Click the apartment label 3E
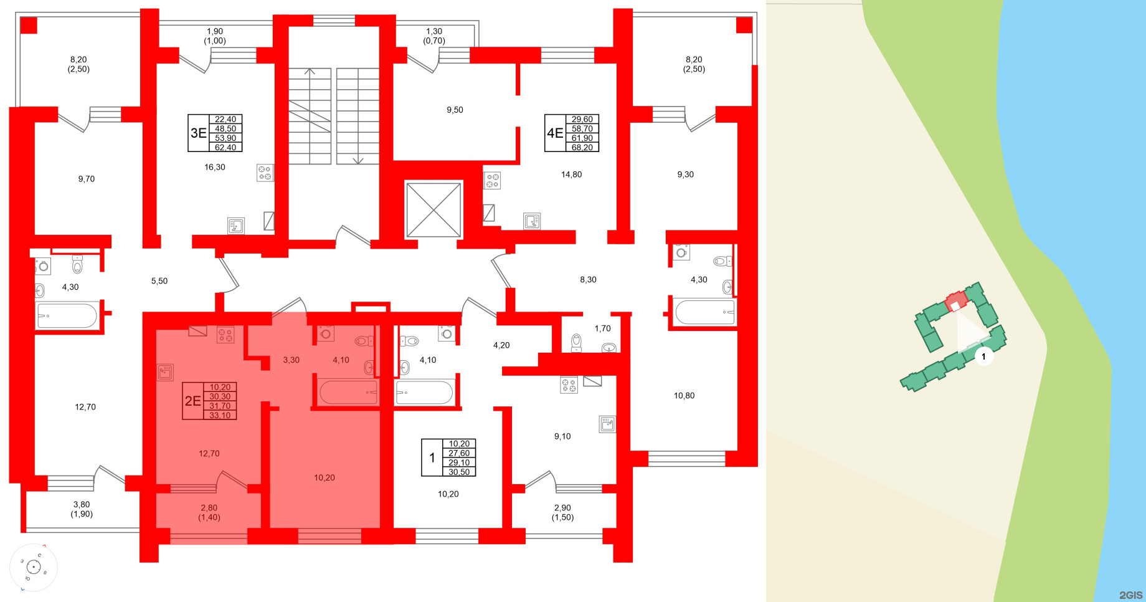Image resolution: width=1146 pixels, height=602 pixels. [x=198, y=133]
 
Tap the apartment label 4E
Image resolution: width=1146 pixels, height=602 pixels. [x=554, y=133]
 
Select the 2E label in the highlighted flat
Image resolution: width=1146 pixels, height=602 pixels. [x=192, y=401]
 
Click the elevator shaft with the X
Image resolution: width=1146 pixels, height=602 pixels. [x=433, y=209]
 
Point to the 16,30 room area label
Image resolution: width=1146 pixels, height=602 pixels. [x=215, y=167]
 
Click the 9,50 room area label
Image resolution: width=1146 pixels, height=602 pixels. [x=455, y=110]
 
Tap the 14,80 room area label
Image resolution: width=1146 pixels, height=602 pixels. [x=571, y=174]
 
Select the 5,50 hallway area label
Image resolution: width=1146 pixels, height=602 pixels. [x=159, y=281]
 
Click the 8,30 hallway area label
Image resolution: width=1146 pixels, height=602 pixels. [x=588, y=280]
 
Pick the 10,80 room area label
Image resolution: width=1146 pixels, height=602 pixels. [x=684, y=396]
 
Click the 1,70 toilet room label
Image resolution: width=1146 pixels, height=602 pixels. [x=602, y=328]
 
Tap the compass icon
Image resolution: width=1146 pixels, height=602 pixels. [x=34, y=567]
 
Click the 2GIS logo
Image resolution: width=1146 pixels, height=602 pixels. [x=1130, y=595]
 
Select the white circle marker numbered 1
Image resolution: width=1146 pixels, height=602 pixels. [x=983, y=356]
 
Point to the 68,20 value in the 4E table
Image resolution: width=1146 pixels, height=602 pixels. [x=582, y=148]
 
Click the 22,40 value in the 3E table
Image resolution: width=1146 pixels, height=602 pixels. [x=225, y=119]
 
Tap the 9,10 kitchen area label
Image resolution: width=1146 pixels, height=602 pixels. [x=562, y=436]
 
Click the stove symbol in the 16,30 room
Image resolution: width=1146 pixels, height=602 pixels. [x=265, y=173]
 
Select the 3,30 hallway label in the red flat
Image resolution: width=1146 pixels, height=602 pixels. [x=291, y=360]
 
